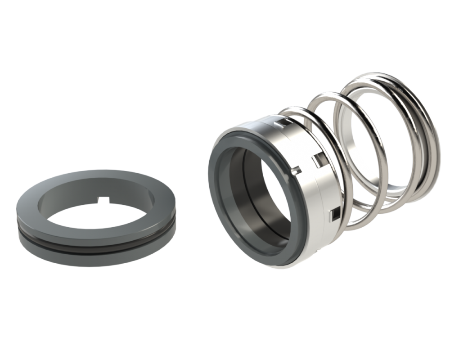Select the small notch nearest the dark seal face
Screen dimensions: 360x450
[297, 170]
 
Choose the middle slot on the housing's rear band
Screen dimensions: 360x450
[317, 159]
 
